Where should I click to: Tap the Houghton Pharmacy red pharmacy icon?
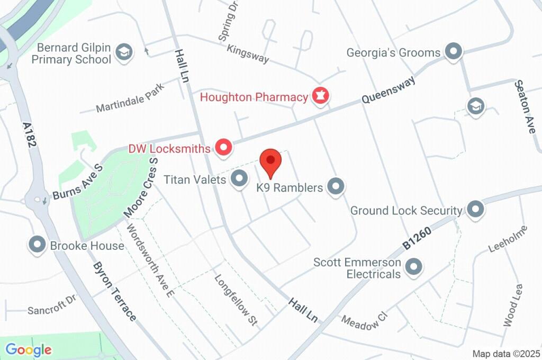coord(320,96)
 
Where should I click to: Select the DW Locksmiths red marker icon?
coord(223,148)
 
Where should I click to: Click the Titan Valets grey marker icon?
coord(240,179)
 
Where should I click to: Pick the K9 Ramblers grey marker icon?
coord(336,186)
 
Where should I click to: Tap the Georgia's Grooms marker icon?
coord(453,52)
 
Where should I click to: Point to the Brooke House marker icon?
coord(38,245)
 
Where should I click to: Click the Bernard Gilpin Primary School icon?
coord(124,53)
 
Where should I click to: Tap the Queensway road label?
coord(388,90)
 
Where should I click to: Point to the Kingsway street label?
coord(248,54)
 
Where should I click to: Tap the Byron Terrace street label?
coord(115,291)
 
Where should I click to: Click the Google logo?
coord(29,349)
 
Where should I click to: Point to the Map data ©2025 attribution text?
coord(505,354)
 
